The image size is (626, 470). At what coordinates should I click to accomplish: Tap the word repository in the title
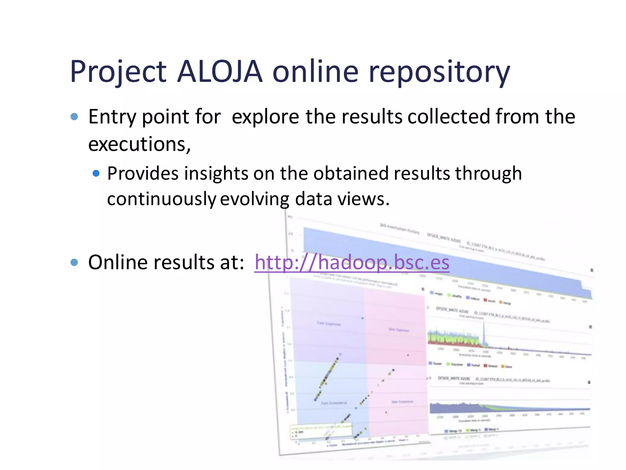tap(439, 72)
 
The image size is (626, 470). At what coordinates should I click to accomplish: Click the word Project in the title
tap(118, 72)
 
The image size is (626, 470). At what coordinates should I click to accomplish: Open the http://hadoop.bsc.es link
tap(352, 263)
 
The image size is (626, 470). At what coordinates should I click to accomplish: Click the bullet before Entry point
tap(74, 117)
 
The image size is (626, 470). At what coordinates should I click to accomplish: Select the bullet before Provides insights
tap(96, 173)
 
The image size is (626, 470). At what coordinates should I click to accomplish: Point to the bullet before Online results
tap(74, 262)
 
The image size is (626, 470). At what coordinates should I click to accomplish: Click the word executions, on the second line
tap(139, 144)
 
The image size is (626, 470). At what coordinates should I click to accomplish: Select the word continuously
tap(161, 199)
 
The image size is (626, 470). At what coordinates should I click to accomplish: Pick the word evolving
tap(254, 199)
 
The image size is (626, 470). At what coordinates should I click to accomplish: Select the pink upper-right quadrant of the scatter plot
tap(394, 324)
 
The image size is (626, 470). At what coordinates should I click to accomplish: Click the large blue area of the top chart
tap(428, 260)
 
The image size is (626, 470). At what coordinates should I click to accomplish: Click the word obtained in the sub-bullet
tap(352, 173)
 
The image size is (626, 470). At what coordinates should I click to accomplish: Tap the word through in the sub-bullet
tap(488, 173)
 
